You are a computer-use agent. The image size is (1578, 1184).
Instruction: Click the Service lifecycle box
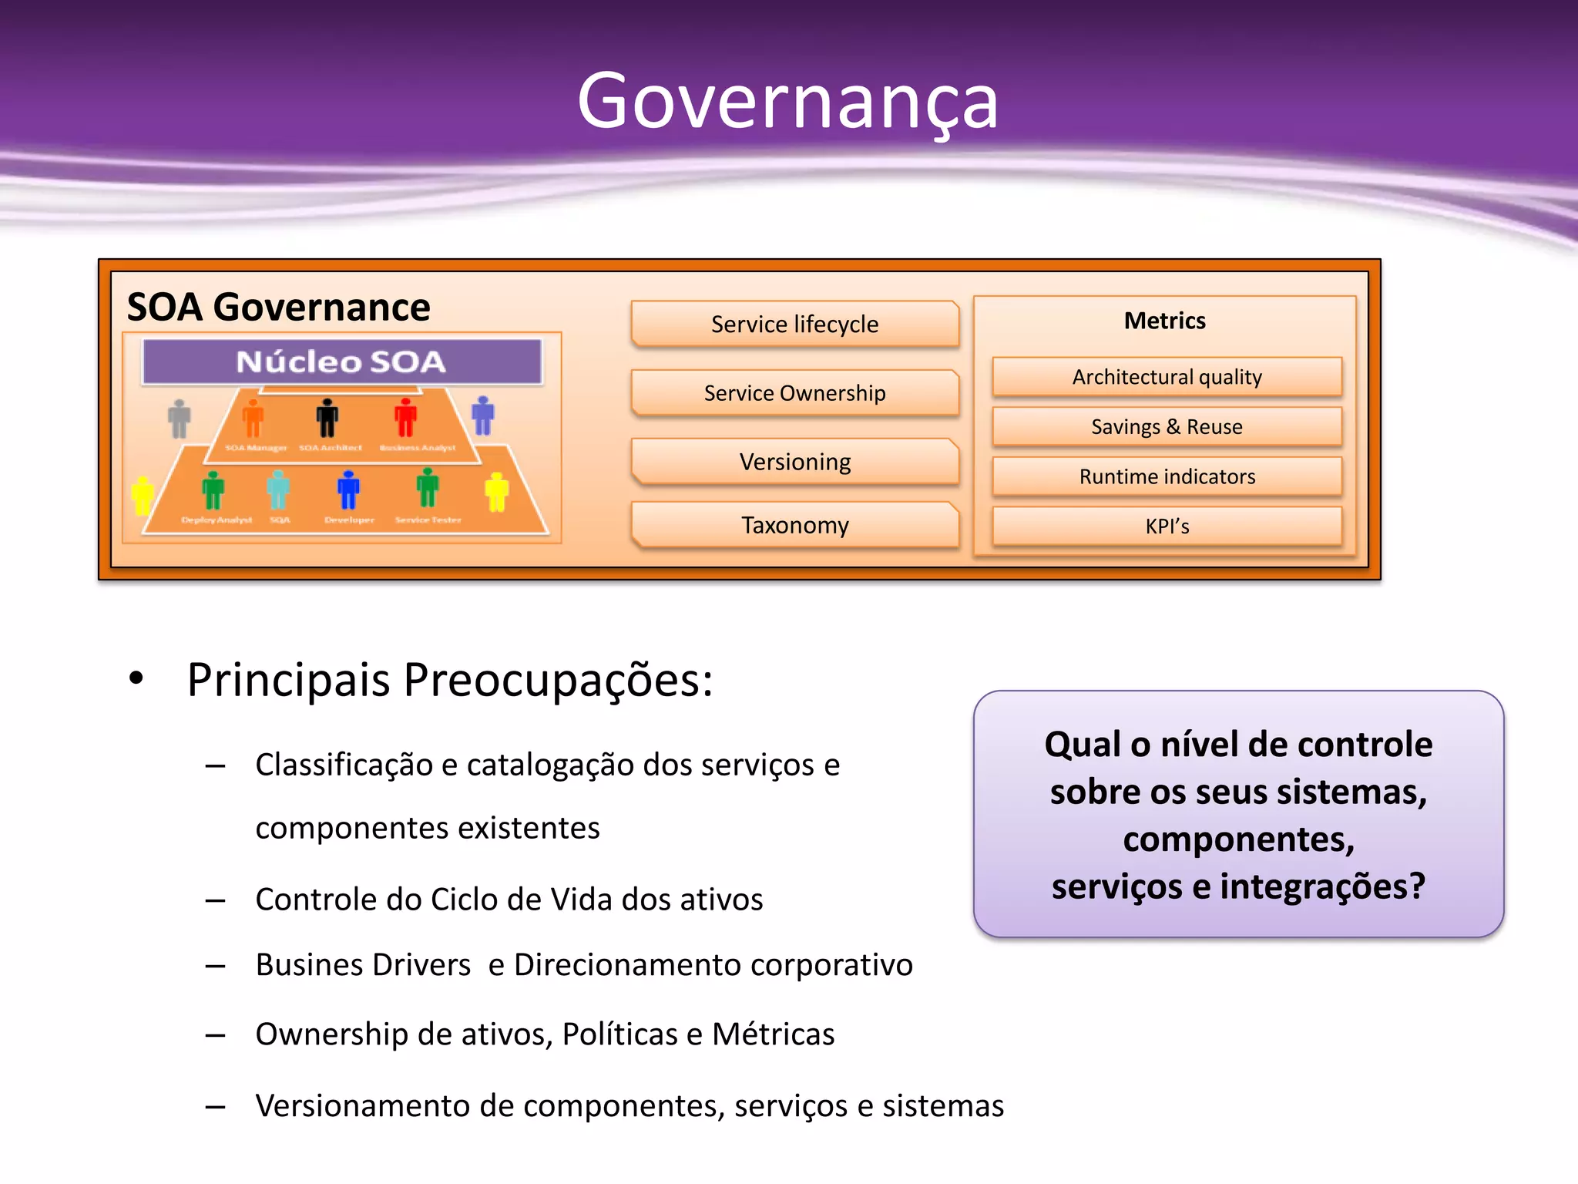(794, 324)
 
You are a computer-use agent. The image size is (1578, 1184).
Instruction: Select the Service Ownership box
(794, 393)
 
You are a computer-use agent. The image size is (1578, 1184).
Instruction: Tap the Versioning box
(794, 462)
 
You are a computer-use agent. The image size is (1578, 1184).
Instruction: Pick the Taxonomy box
(794, 525)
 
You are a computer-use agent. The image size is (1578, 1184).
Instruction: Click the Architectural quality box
(1167, 377)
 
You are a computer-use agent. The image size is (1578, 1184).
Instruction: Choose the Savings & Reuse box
(1167, 426)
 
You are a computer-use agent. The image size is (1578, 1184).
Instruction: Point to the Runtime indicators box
(1167, 476)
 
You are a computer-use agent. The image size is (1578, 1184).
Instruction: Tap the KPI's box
(1167, 526)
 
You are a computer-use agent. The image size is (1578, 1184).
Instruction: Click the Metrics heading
(1164, 321)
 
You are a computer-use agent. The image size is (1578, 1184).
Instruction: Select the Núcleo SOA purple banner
(341, 362)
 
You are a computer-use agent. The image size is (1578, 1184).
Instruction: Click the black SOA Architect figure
(327, 419)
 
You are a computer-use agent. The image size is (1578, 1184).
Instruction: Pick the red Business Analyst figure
(405, 419)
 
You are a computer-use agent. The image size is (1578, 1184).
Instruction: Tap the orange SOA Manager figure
(253, 419)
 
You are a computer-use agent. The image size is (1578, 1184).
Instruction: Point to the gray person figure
(180, 419)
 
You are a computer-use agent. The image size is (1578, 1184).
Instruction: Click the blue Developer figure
(348, 490)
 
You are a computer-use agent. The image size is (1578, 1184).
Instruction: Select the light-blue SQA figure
(278, 490)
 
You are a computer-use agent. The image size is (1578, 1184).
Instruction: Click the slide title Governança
(787, 101)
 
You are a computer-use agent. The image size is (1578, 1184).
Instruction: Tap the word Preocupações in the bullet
(558, 681)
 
